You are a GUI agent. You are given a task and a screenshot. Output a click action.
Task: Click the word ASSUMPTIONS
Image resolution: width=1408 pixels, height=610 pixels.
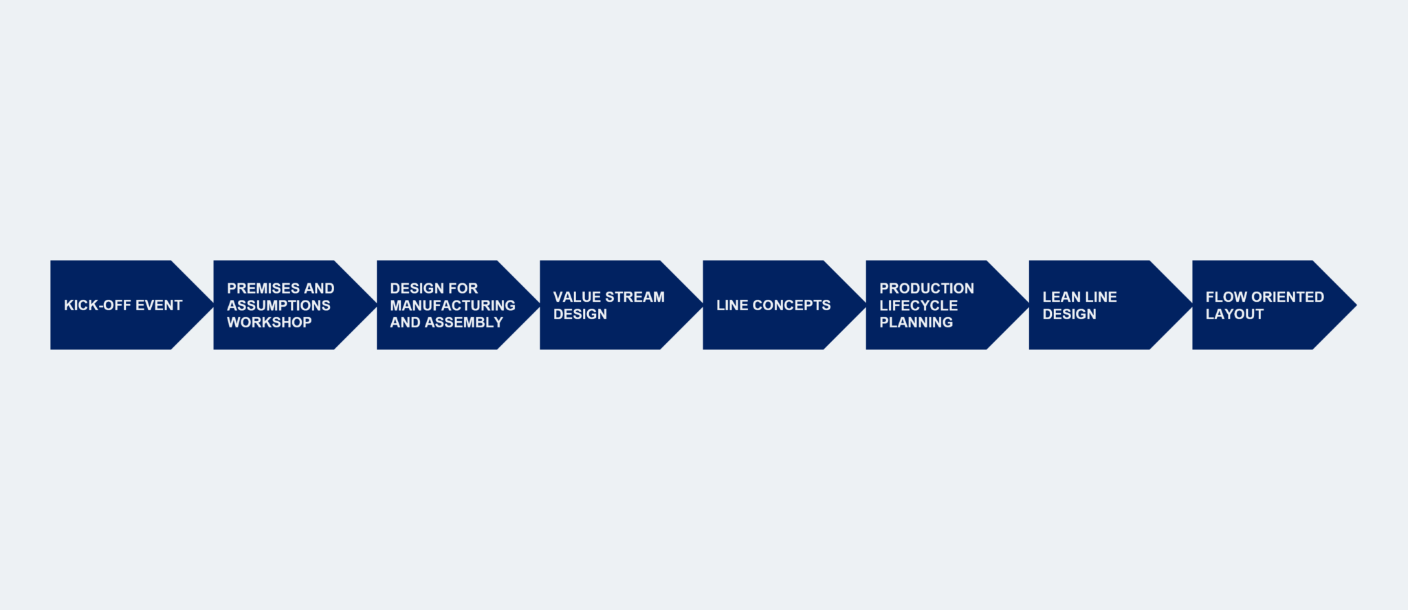278,305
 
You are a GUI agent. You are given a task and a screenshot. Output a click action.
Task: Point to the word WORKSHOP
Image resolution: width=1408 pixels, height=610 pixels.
269,323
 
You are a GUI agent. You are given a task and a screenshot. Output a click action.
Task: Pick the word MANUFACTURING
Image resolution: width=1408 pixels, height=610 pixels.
452,305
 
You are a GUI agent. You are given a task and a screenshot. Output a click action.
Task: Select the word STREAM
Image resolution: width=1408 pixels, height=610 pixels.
636,297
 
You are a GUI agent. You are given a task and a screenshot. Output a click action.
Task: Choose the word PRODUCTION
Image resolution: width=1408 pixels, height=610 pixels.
926,289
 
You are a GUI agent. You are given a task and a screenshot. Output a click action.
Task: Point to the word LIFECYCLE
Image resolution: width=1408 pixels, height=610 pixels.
918,305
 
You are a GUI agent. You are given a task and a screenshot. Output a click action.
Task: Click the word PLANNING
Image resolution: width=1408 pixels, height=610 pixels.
916,323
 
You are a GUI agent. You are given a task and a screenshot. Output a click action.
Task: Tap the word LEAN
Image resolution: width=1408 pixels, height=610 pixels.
1061,297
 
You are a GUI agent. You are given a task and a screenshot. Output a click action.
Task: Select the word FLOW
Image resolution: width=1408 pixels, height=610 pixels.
1226,297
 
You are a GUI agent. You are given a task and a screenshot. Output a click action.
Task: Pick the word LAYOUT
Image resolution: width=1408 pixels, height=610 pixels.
1234,314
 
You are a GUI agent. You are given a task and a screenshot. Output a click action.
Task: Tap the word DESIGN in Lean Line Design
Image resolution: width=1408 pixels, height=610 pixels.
1069,314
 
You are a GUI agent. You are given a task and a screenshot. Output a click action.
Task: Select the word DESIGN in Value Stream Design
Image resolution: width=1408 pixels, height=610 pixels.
580,314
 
